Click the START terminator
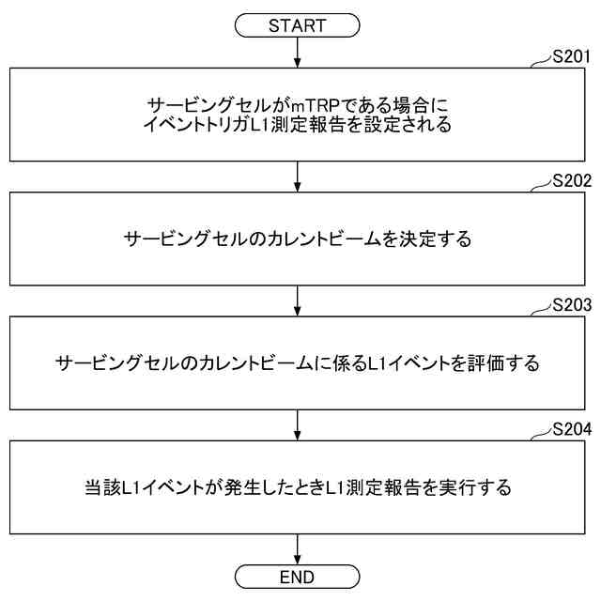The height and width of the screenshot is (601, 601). (297, 26)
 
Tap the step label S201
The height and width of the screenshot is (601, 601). (571, 56)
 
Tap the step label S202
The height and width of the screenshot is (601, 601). (571, 181)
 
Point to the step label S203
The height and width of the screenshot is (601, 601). (571, 306)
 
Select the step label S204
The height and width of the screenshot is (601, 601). (571, 431)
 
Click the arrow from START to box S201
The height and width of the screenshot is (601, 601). (297, 53)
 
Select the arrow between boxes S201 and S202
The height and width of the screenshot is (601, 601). (297, 177)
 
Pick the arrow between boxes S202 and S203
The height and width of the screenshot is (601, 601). (297, 301)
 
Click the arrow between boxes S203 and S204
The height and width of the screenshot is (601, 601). (297, 426)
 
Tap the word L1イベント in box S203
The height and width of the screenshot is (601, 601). (414, 363)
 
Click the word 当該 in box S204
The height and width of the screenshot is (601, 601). (100, 488)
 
